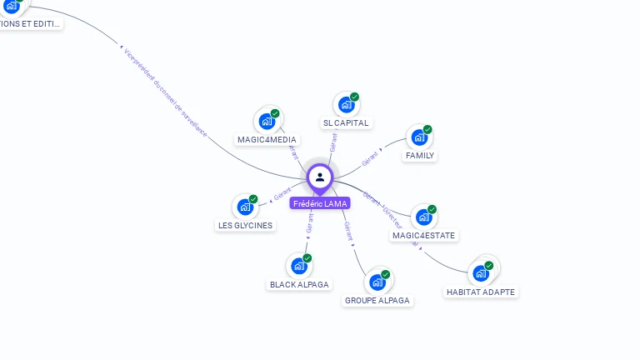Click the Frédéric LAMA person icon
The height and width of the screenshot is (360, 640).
point(320,177)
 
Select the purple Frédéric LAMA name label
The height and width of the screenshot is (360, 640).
point(320,203)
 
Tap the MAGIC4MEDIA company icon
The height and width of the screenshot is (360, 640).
point(267,122)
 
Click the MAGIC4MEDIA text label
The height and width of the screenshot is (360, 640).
point(267,140)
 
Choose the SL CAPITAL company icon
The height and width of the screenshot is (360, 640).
point(346,105)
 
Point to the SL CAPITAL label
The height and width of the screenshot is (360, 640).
point(346,123)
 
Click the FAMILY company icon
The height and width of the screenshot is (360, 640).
point(419,137)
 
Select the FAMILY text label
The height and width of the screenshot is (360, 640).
point(420,156)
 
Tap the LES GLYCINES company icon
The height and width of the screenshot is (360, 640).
point(245,207)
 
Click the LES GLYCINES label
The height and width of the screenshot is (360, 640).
point(246,225)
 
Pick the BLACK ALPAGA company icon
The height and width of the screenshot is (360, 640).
point(299,266)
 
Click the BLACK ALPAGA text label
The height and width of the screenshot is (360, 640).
point(300,284)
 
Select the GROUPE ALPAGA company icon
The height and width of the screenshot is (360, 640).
point(377,282)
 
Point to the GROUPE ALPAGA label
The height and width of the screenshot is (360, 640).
point(377,300)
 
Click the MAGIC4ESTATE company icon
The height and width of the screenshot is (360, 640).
point(424,217)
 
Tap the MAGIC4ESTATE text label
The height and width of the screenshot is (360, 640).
point(424,236)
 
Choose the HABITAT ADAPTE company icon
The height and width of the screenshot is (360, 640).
point(481,273)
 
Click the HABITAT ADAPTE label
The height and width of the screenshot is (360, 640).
point(481,292)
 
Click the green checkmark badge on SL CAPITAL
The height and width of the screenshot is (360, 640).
point(354,97)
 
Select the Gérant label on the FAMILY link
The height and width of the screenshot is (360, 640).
point(371,158)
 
